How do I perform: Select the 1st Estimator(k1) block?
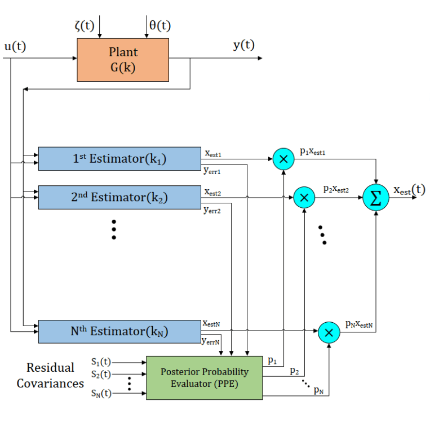pyautogui.click(x=119, y=158)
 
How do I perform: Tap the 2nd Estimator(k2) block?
pyautogui.click(x=119, y=197)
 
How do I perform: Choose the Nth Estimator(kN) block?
pyautogui.click(x=119, y=331)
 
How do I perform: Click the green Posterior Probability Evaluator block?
pyautogui.click(x=204, y=377)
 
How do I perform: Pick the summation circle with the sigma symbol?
pyautogui.click(x=376, y=197)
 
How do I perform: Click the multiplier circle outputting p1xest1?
pyautogui.click(x=283, y=158)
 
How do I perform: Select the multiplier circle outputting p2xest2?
pyautogui.click(x=304, y=197)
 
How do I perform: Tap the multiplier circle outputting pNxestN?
pyautogui.click(x=330, y=332)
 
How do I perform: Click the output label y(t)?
pyautogui.click(x=243, y=46)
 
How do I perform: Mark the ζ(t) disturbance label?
pyautogui.click(x=83, y=25)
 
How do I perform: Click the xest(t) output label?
pyautogui.click(x=409, y=190)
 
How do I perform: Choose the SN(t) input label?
pyautogui.click(x=101, y=393)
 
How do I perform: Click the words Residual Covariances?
pyautogui.click(x=50, y=375)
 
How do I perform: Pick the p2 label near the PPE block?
pyautogui.click(x=294, y=371)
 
